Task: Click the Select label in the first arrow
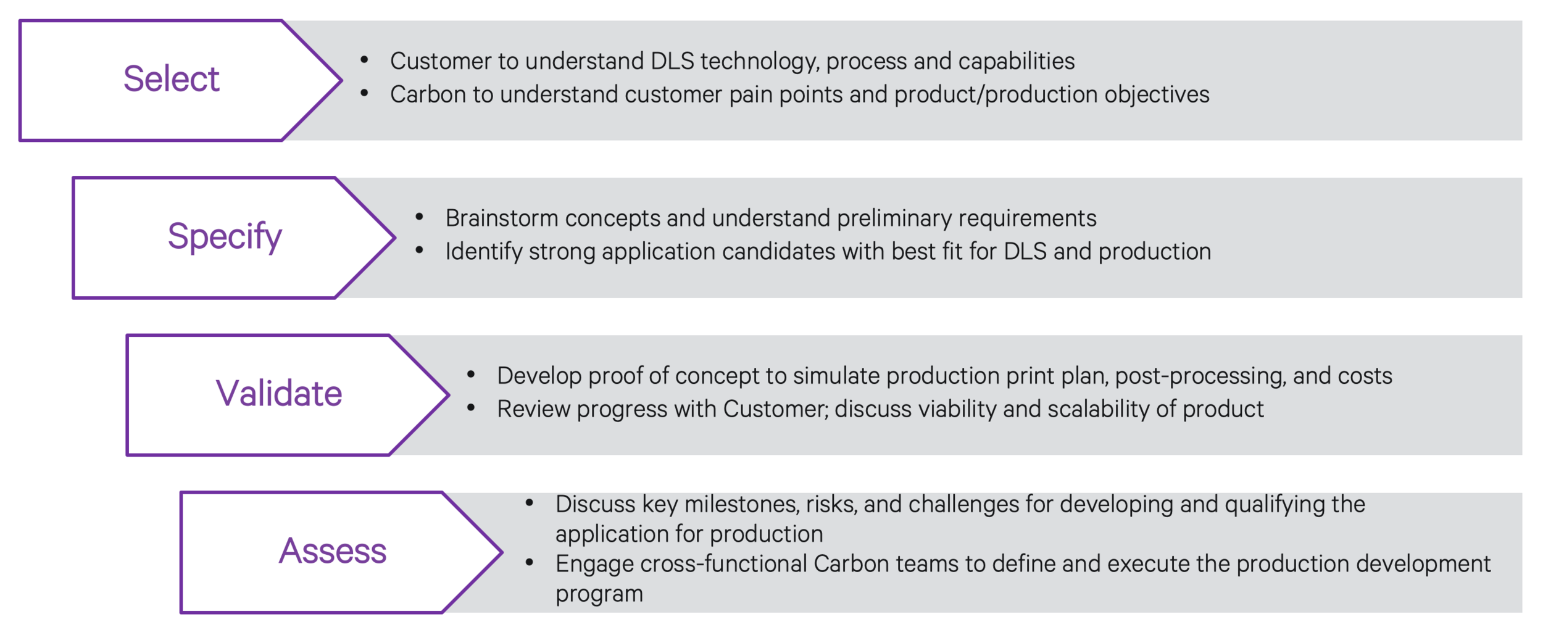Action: tap(171, 79)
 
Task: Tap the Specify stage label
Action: tap(225, 236)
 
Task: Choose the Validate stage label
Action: tap(278, 394)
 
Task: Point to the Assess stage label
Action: tap(332, 551)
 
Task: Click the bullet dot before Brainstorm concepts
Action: tap(419, 217)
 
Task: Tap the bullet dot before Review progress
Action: tap(471, 407)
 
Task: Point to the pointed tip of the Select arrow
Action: tap(340, 80)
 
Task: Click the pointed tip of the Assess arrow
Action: tap(501, 552)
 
